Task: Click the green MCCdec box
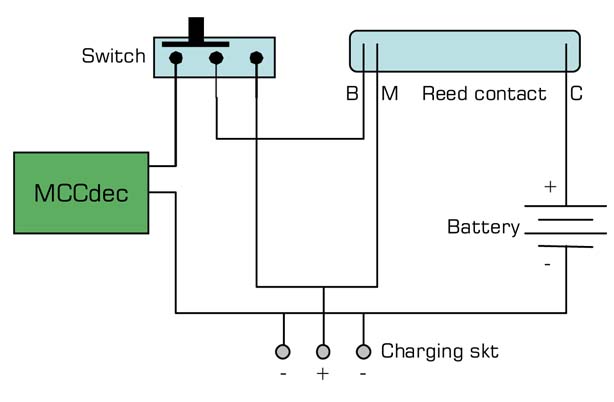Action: point(80,192)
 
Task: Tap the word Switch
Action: point(113,56)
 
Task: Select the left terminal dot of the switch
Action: point(176,58)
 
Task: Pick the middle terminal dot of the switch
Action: point(216,58)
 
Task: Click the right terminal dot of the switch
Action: point(256,58)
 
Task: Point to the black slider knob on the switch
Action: point(198,30)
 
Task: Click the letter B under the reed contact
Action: point(352,95)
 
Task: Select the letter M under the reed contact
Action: point(390,95)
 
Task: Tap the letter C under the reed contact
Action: point(576,95)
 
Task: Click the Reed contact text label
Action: point(484,95)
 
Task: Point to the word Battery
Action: point(483,228)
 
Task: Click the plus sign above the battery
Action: point(549,186)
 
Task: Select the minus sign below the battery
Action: point(547,265)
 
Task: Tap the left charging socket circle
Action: point(283,352)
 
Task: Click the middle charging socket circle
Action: point(323,352)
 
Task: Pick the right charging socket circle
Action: point(363,352)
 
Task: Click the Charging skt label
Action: point(439,352)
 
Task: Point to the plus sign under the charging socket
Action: point(323,376)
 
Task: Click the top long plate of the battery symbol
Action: point(566,206)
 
